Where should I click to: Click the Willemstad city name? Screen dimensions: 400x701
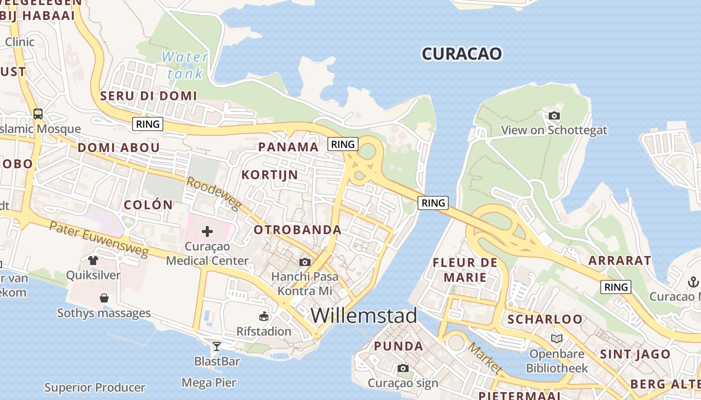click(x=364, y=315)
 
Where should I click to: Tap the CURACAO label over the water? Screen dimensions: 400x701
click(x=461, y=53)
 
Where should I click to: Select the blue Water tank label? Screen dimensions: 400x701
click(x=185, y=65)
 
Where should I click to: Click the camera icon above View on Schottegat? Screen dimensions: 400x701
click(x=554, y=116)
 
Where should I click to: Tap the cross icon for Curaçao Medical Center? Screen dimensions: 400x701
click(x=207, y=231)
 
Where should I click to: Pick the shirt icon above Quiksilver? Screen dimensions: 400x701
click(x=93, y=260)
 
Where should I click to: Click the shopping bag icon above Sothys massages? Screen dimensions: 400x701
click(x=104, y=298)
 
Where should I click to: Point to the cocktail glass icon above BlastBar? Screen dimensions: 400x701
click(x=217, y=346)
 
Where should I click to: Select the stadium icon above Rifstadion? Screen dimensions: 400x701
click(x=264, y=316)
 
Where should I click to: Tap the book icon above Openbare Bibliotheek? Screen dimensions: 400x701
click(x=557, y=338)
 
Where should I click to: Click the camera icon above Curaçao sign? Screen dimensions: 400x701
click(x=403, y=368)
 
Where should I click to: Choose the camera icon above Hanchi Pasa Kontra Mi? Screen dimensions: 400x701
click(x=304, y=262)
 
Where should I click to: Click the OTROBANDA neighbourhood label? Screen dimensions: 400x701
click(x=297, y=230)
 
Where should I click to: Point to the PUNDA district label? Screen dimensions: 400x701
click(x=399, y=346)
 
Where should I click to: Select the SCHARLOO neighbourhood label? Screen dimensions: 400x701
click(x=545, y=319)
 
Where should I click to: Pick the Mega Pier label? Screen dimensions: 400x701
click(x=208, y=383)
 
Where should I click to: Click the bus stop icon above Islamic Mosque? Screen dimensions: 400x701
click(x=38, y=113)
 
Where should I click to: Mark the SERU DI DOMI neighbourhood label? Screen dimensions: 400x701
click(x=149, y=95)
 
